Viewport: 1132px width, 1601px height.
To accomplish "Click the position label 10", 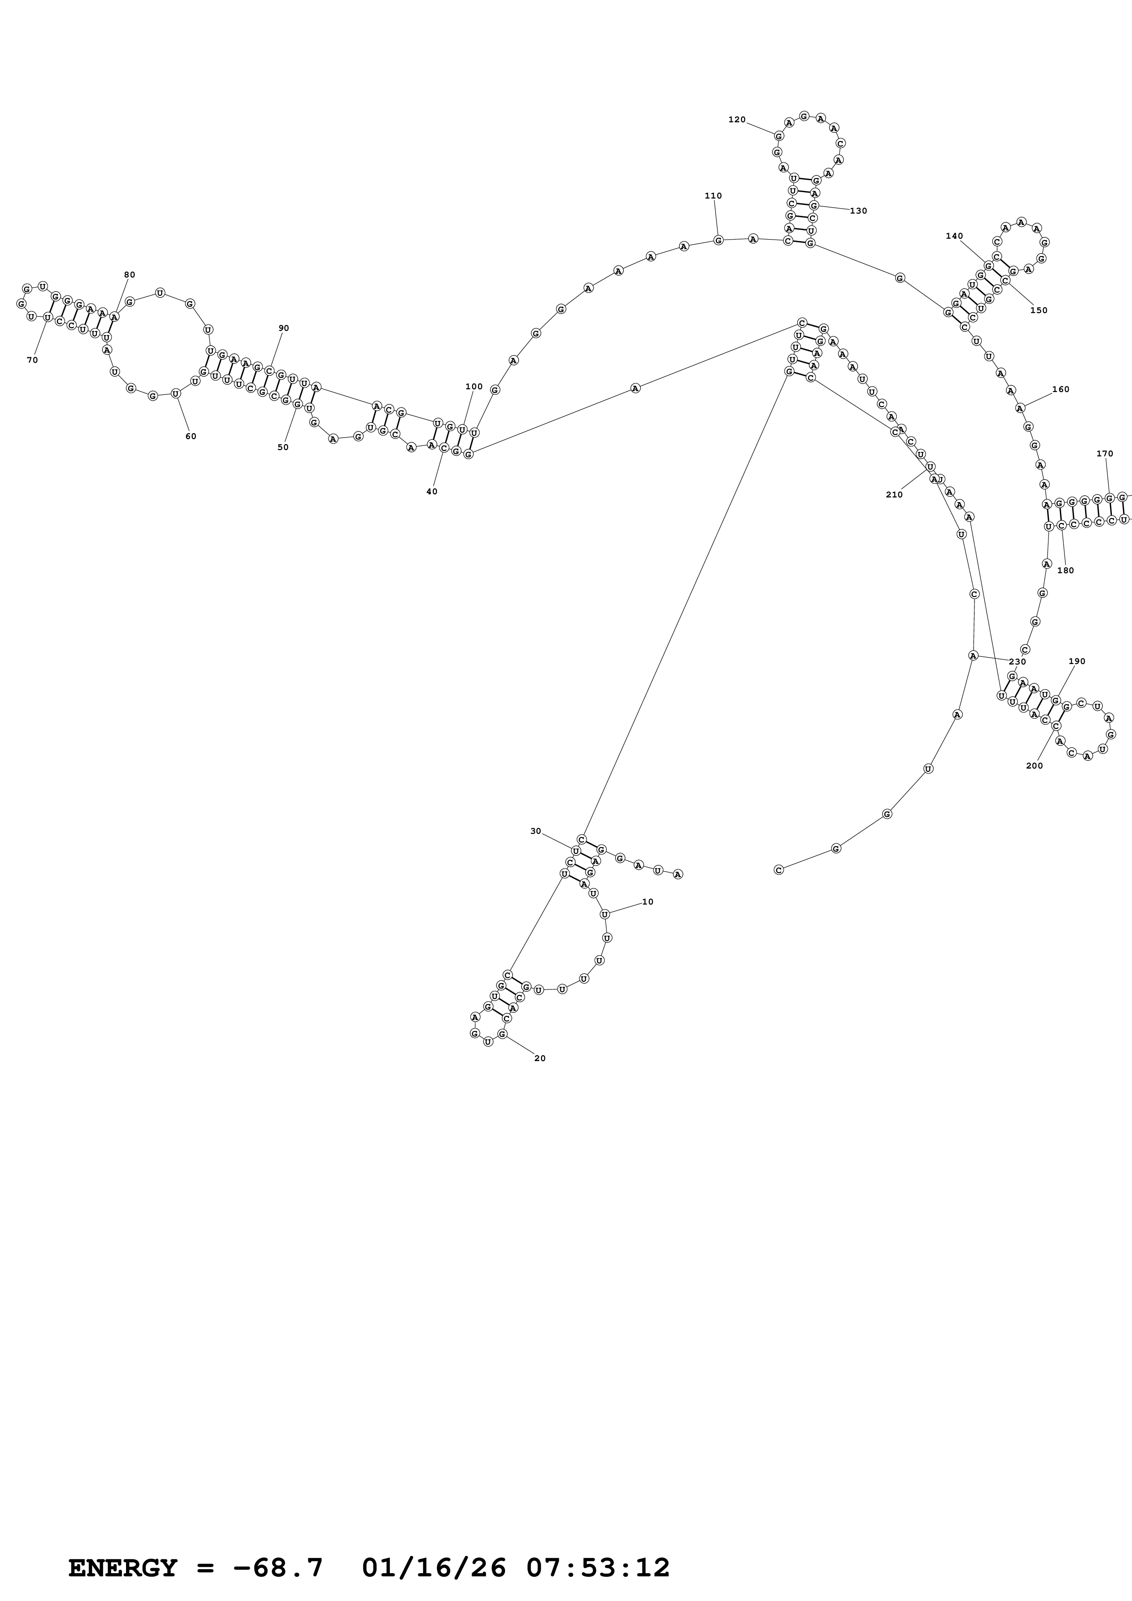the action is pyautogui.click(x=647, y=902).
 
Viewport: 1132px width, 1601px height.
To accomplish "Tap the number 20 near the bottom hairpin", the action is pyautogui.click(x=540, y=1058).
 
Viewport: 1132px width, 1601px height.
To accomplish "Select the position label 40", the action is pyautogui.click(x=432, y=492).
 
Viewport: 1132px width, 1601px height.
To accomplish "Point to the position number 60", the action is pyautogui.click(x=190, y=436).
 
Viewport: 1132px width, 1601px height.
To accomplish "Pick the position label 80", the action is pyautogui.click(x=129, y=275).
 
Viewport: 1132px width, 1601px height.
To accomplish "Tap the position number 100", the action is pyautogui.click(x=474, y=386).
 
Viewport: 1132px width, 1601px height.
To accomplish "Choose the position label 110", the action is pyautogui.click(x=713, y=196).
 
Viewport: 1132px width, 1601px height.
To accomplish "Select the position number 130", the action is pyautogui.click(x=858, y=210).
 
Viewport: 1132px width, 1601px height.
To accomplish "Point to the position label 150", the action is pyautogui.click(x=1038, y=310).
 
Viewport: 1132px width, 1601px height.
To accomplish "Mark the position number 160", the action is pyautogui.click(x=1060, y=389).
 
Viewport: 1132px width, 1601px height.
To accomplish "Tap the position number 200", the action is pyautogui.click(x=1034, y=766).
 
